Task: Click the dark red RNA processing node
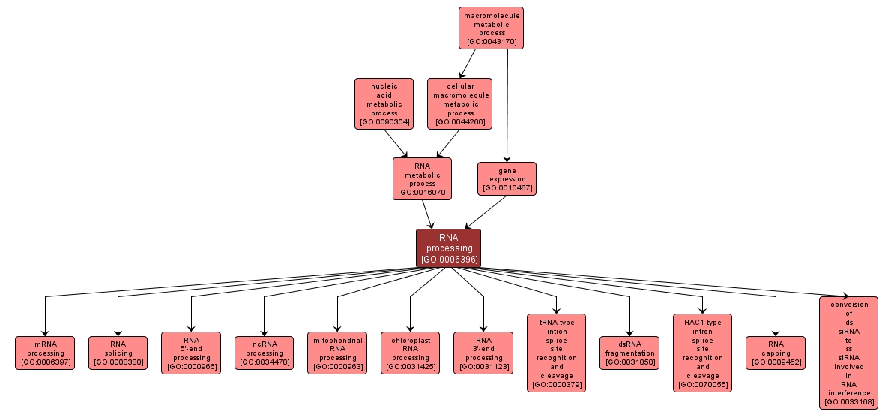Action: click(x=448, y=248)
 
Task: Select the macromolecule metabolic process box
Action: click(x=491, y=28)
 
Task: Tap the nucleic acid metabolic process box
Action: click(x=384, y=103)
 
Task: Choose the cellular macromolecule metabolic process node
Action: click(x=460, y=103)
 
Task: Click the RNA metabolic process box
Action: click(x=422, y=178)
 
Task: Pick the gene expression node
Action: click(x=507, y=179)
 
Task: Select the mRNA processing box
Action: click(x=45, y=352)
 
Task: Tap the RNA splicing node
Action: click(x=118, y=352)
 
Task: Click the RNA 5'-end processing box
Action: click(x=191, y=352)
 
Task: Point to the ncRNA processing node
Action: click(x=264, y=352)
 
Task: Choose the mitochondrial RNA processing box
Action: click(x=337, y=352)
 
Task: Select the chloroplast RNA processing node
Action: click(x=410, y=352)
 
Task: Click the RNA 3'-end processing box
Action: click(x=483, y=352)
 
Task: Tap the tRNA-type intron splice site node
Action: click(x=556, y=352)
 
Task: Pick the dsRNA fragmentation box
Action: click(x=629, y=352)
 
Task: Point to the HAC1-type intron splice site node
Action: click(x=702, y=352)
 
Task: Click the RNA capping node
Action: click(x=776, y=352)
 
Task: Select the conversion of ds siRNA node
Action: click(x=848, y=352)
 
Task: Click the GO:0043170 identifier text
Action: click(x=491, y=42)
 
